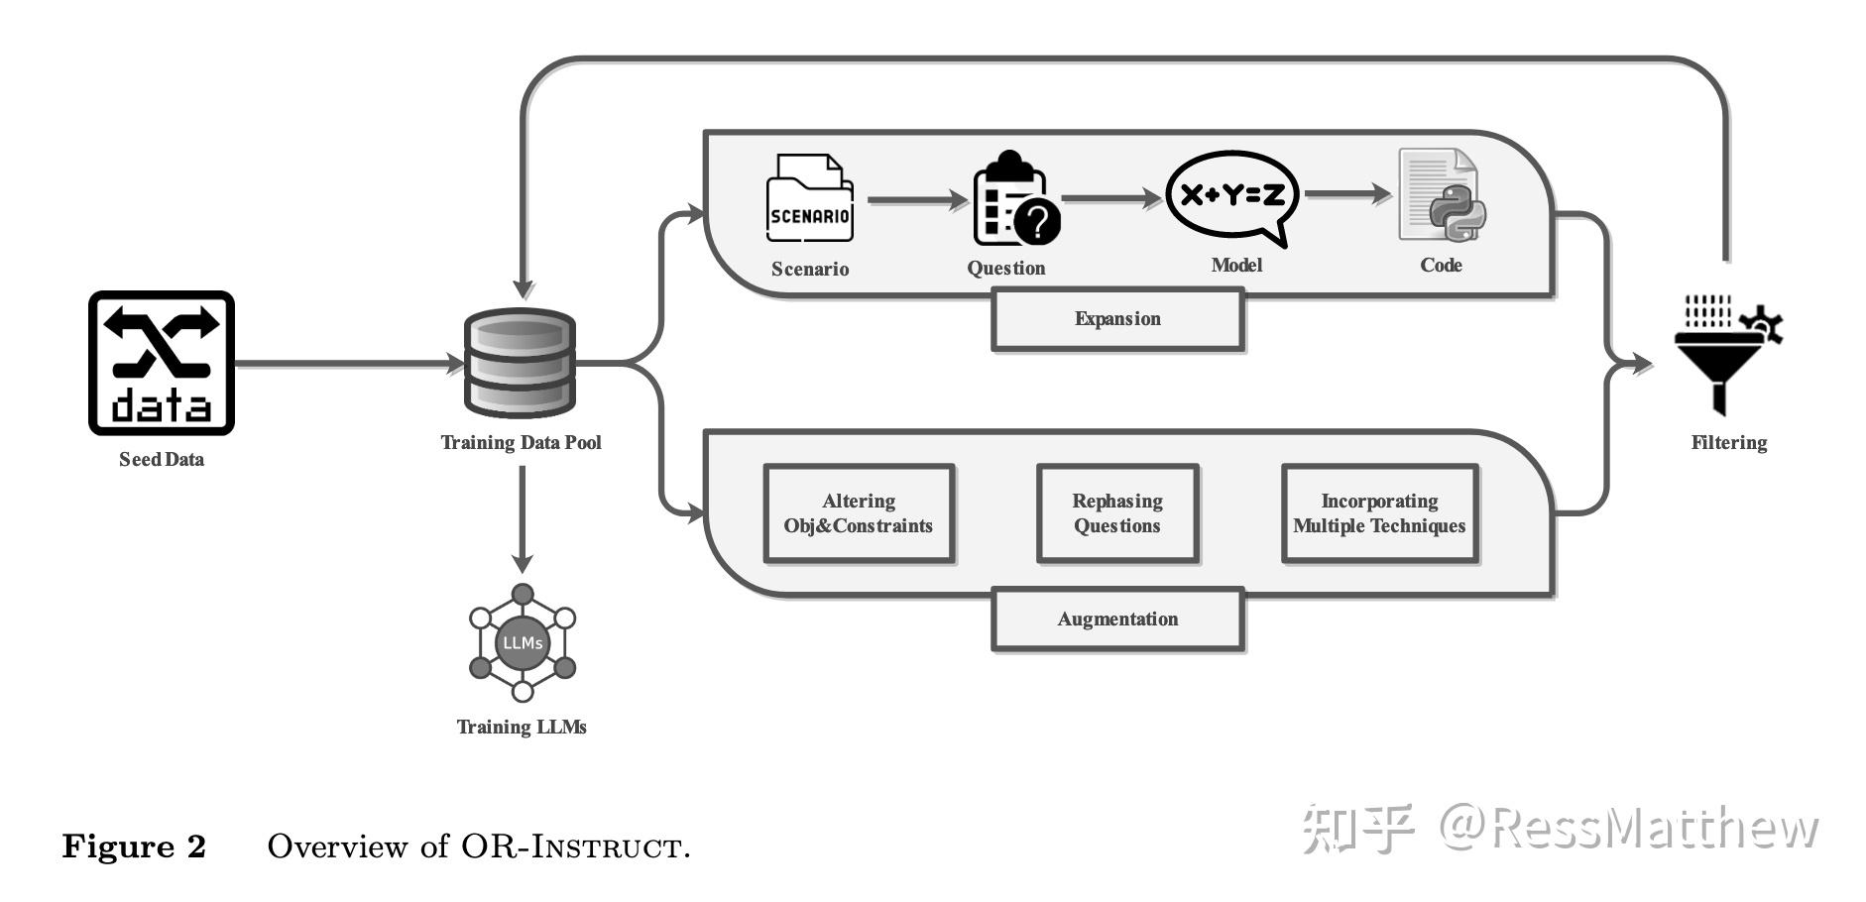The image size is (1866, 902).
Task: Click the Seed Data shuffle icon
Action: click(162, 363)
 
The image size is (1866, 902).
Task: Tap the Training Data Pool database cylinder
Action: click(521, 363)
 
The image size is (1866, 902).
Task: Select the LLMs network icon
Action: click(522, 643)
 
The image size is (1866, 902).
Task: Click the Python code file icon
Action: click(1441, 195)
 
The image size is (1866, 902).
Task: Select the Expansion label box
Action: click(1117, 319)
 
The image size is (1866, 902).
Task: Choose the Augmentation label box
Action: click(1117, 620)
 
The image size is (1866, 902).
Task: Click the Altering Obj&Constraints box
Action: click(859, 513)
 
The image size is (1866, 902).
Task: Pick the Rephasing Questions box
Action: click(1117, 513)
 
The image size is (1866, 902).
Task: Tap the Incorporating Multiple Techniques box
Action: click(1379, 513)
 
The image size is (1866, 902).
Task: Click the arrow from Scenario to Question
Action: click(917, 200)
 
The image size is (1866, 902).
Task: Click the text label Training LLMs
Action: click(522, 728)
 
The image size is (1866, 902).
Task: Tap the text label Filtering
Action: click(1728, 443)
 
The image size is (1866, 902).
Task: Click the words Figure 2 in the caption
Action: click(134, 846)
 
